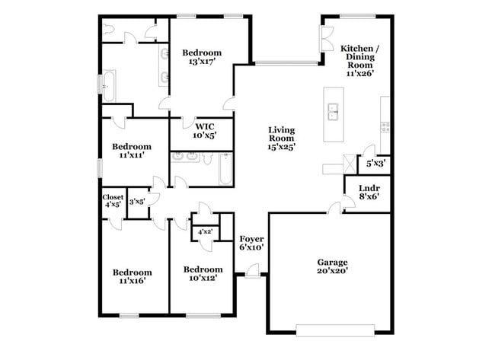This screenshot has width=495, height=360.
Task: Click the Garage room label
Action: pos(332,262)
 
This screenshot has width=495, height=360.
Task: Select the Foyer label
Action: pos(251,238)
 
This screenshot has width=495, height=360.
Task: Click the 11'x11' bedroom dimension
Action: pos(131,155)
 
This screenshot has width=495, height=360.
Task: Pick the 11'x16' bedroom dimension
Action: pos(132,281)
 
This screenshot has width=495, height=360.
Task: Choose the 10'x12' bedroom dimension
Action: pos(203,278)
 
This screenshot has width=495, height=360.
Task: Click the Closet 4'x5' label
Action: pos(113,201)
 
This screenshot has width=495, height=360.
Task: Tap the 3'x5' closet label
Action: pos(137,201)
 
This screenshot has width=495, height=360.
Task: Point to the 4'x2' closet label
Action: pos(204,231)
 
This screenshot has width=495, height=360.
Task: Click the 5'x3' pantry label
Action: pos(375,163)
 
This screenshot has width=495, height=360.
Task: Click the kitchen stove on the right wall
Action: pos(385,126)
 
